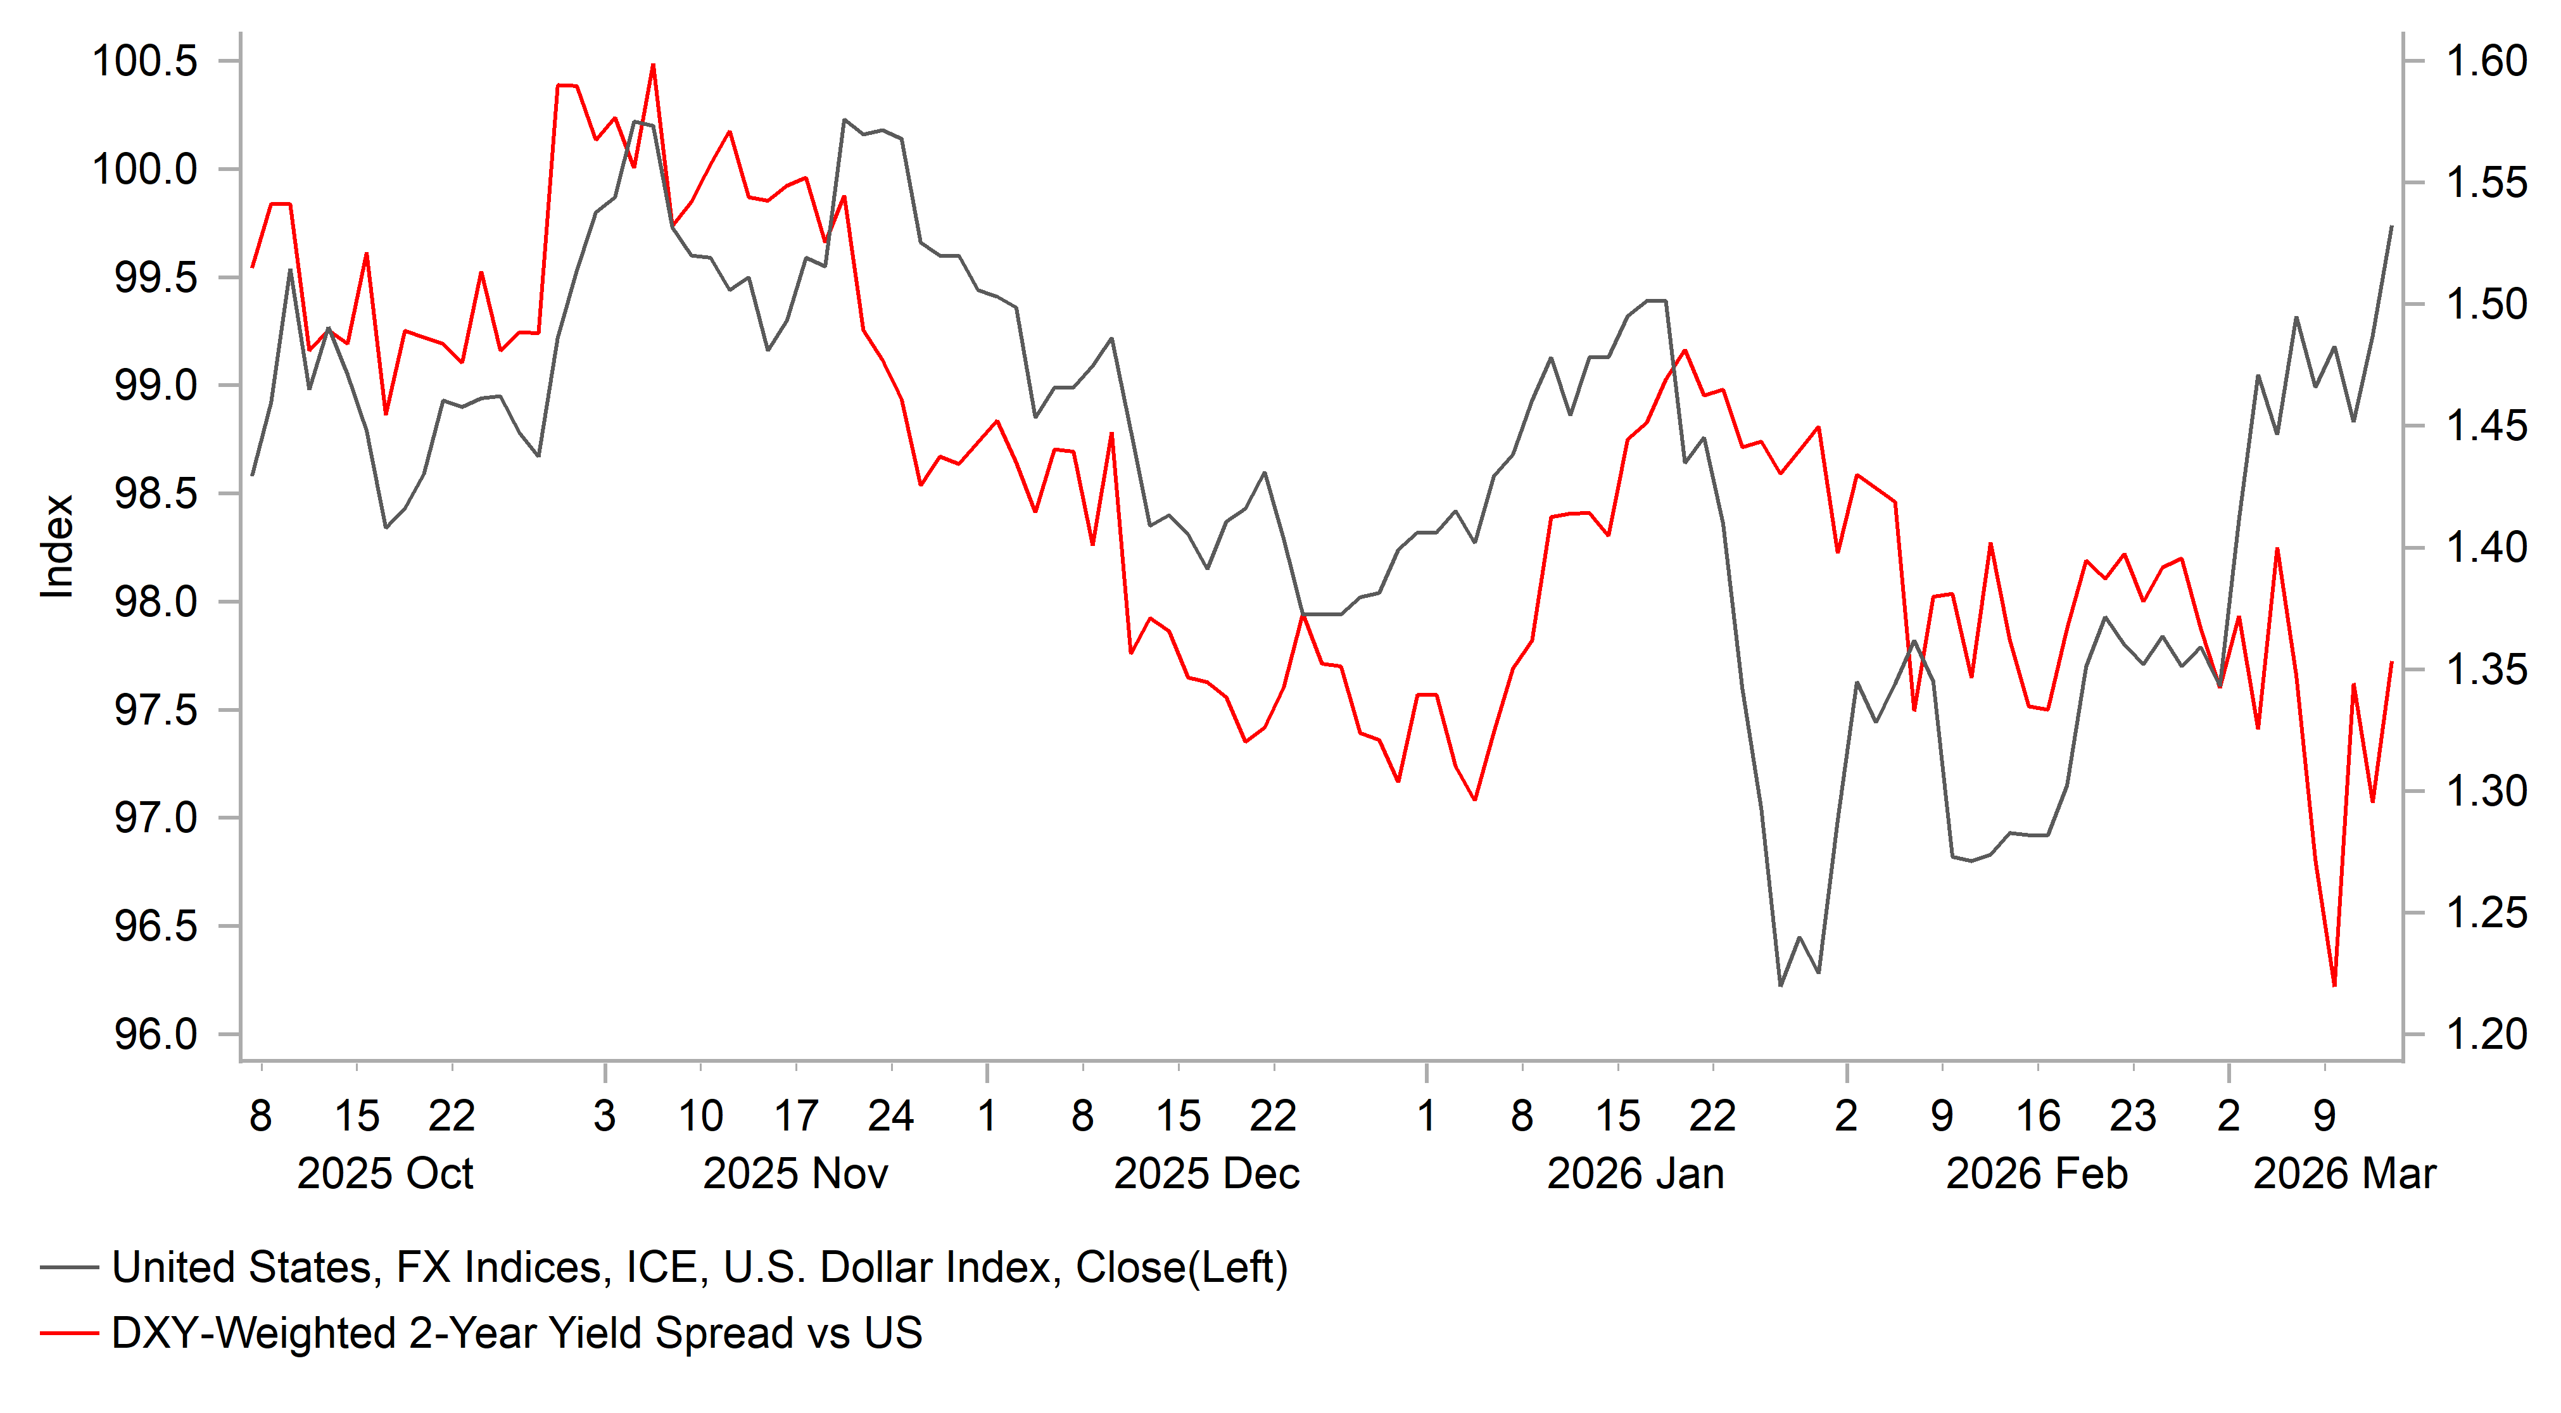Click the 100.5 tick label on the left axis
click(x=145, y=61)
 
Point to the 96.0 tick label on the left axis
click(x=156, y=1035)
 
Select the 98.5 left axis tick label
click(x=156, y=494)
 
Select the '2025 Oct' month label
click(x=385, y=1174)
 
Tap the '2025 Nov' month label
click(x=795, y=1174)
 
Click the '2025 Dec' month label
click(x=1206, y=1174)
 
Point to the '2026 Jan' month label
click(x=1635, y=1174)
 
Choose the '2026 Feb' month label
click(x=2036, y=1174)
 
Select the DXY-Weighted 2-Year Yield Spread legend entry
click(x=517, y=1333)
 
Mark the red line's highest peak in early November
click(x=653, y=66)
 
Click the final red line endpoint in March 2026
click(x=2392, y=662)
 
